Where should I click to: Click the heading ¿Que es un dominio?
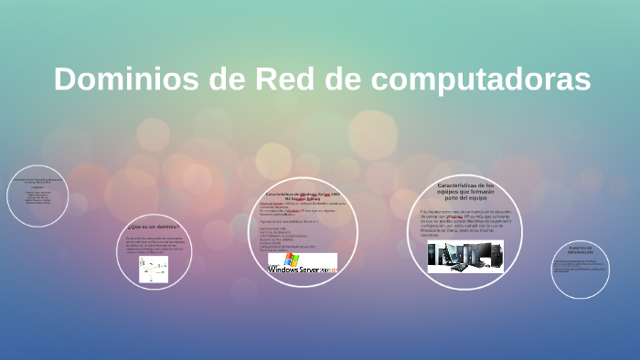[x=154, y=225]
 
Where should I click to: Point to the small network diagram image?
[x=154, y=269]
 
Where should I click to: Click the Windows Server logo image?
[x=303, y=263]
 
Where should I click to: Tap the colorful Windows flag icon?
[x=292, y=259]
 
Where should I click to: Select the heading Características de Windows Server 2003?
[x=303, y=196]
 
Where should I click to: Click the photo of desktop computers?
[x=464, y=256]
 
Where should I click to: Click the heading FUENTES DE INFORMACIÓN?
[x=581, y=249]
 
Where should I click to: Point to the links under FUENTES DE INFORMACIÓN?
[x=581, y=268]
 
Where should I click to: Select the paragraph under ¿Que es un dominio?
[x=154, y=244]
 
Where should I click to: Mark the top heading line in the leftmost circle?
[x=38, y=180]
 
